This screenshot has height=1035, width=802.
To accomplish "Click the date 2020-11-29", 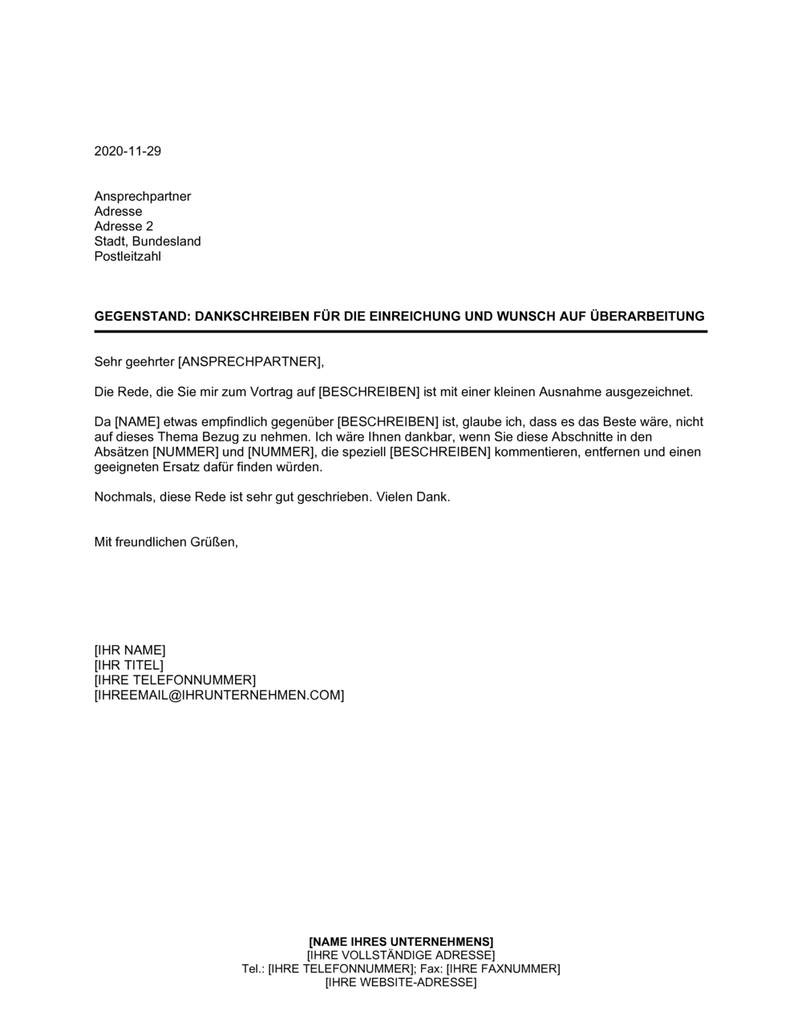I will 128,152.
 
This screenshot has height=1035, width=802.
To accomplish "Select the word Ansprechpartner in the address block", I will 143,197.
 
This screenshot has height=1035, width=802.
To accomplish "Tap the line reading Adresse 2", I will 124,226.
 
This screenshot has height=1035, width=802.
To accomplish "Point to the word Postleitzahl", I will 128,257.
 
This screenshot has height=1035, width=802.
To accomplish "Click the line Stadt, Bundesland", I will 148,241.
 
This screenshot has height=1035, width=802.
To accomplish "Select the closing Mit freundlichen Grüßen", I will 166,542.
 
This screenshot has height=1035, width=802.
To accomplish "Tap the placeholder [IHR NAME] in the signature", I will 130,650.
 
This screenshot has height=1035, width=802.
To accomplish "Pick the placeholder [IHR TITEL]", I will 128,665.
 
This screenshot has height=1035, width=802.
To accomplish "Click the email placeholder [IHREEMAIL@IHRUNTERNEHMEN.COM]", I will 219,696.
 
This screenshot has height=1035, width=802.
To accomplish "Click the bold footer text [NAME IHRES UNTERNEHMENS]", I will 401,941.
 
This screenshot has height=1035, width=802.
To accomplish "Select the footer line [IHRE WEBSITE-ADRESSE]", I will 401,983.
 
